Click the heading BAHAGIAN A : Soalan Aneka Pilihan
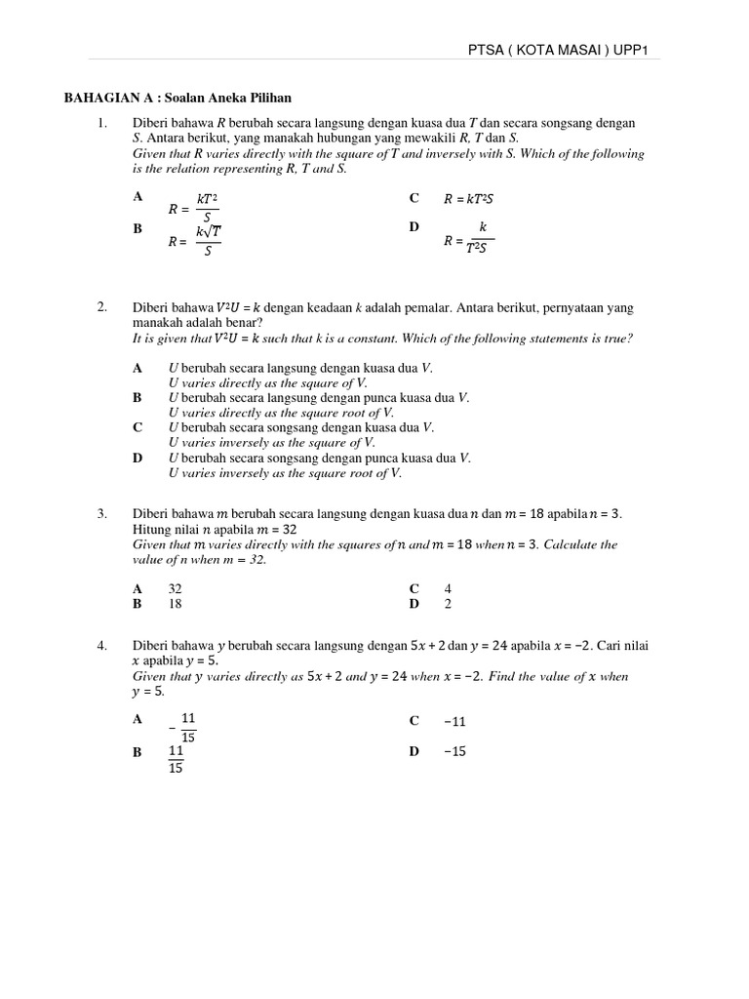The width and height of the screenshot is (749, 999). [177, 98]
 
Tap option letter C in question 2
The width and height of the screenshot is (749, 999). [138, 427]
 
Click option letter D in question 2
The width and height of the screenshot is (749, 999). [138, 458]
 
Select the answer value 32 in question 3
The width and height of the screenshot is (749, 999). [176, 589]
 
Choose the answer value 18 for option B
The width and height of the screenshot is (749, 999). [176, 604]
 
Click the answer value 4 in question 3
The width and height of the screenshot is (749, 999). [449, 589]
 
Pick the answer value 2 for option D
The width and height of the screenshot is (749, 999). [449, 604]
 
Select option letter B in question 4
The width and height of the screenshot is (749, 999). [138, 752]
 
